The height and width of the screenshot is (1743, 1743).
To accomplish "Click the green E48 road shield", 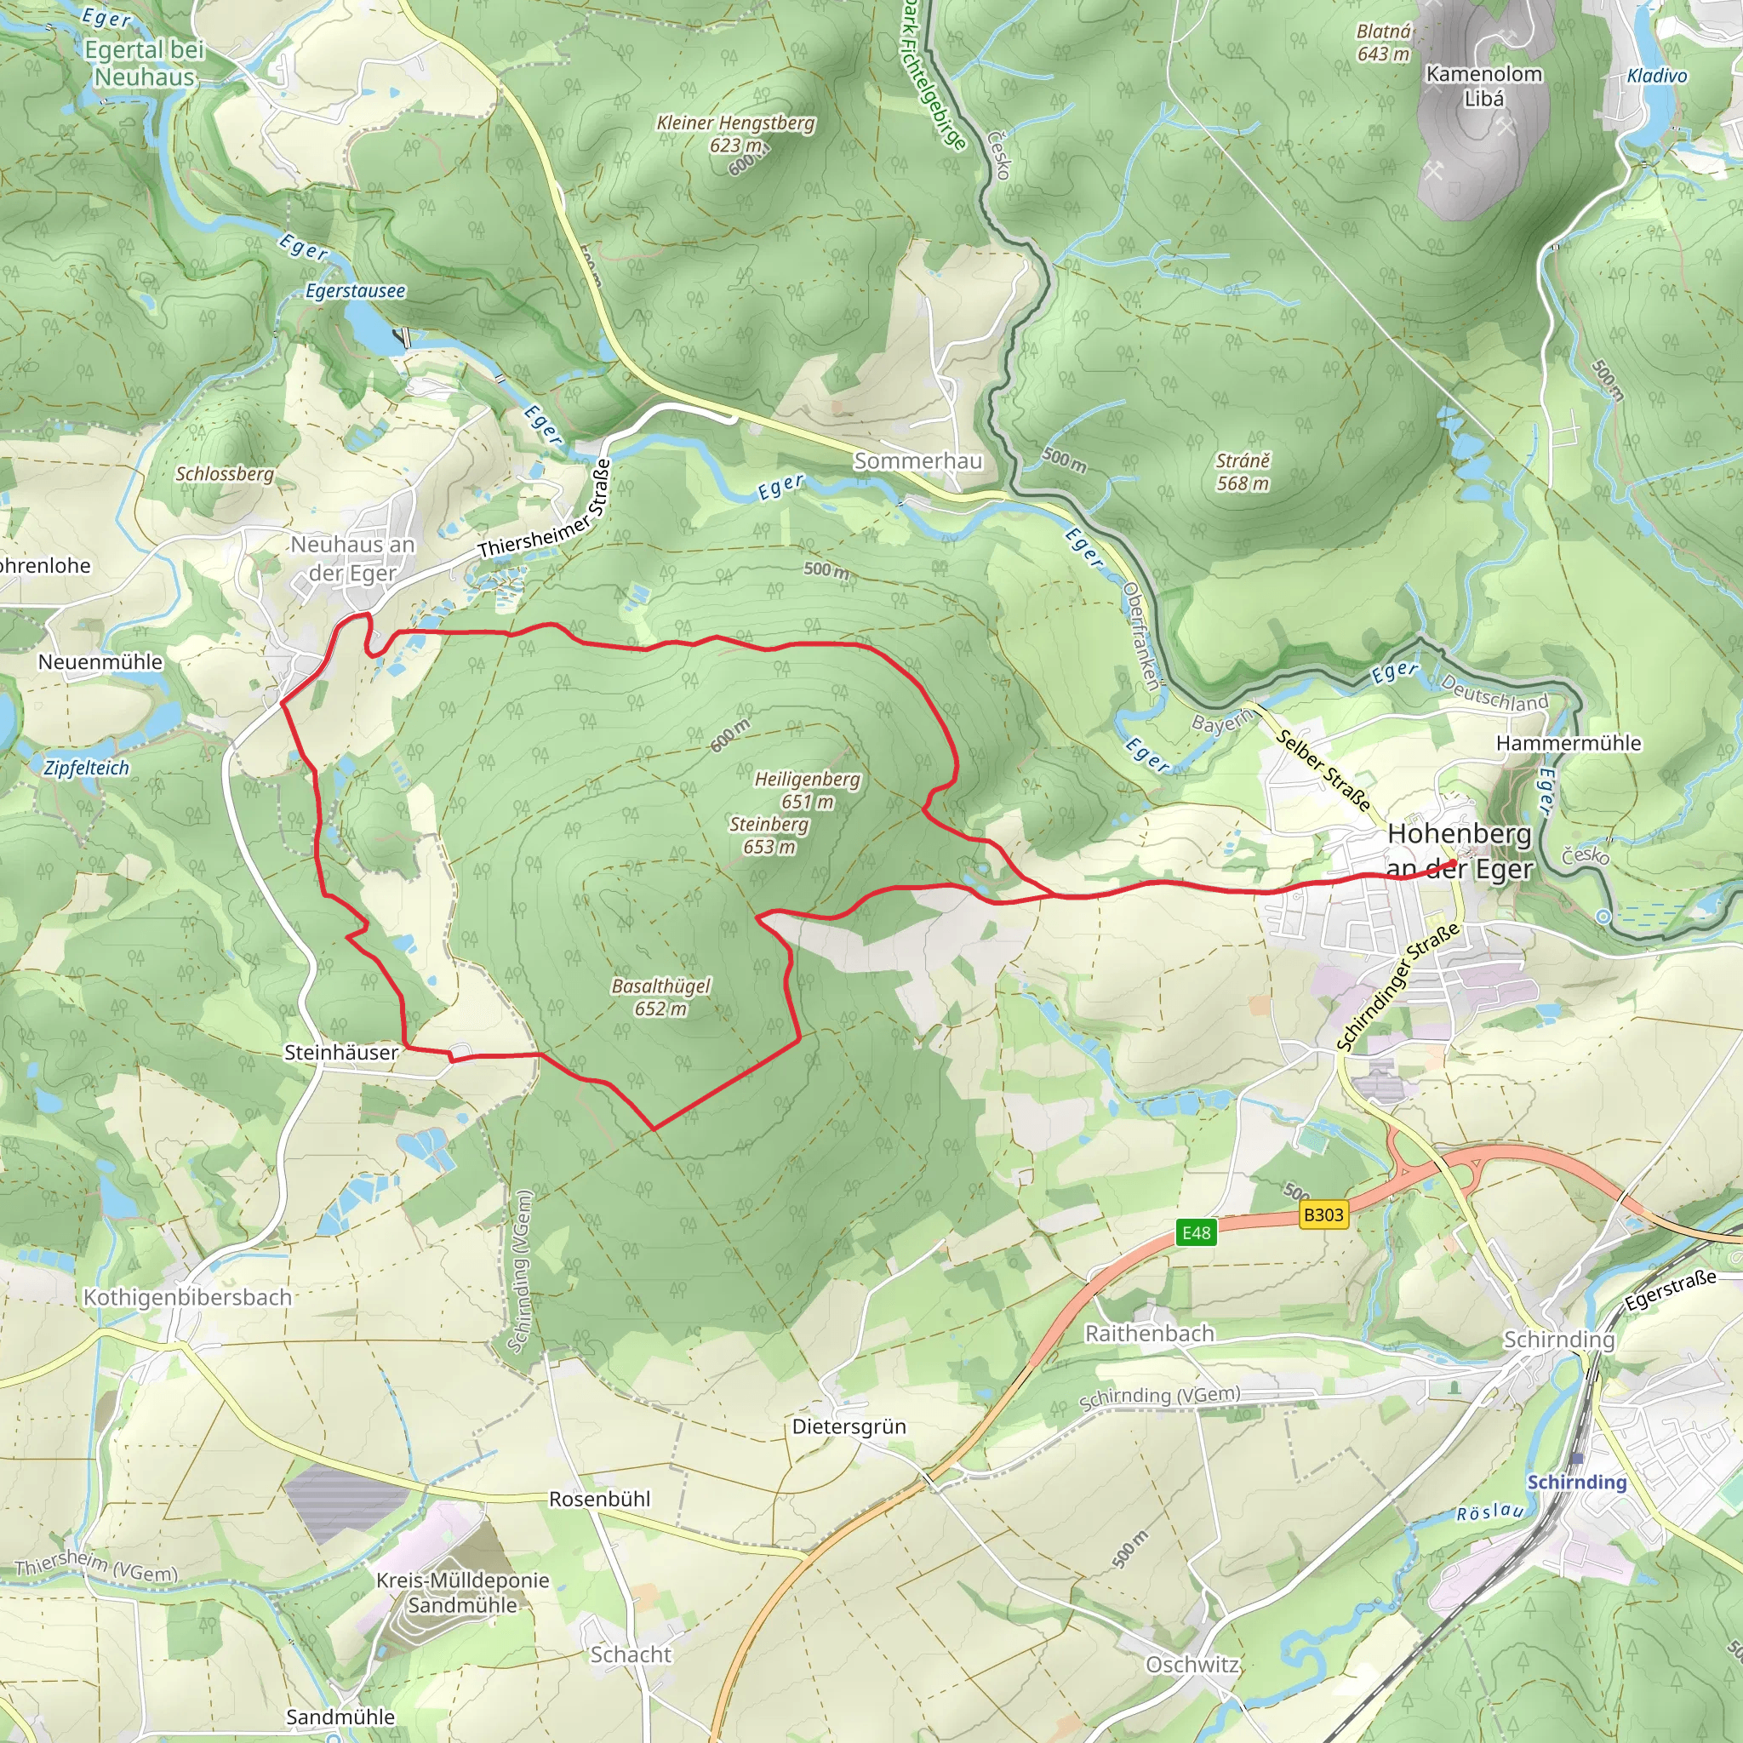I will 1197,1232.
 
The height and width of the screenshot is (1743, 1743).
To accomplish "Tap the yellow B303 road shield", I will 1323,1214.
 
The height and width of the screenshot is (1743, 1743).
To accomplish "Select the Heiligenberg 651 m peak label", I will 807,790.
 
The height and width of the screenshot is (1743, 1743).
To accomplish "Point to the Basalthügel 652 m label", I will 660,997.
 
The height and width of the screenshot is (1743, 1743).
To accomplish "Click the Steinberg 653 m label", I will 769,835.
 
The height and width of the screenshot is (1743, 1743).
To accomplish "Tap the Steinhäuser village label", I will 341,1052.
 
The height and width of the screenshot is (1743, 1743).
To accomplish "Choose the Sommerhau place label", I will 917,461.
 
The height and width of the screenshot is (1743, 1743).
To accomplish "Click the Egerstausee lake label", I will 356,291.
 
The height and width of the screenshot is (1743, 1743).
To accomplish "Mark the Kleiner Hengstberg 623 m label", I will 735,134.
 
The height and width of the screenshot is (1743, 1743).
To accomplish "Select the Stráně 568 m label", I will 1243,471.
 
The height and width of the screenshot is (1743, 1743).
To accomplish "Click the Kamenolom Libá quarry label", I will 1483,86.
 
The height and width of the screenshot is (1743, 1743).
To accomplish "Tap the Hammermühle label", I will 1568,742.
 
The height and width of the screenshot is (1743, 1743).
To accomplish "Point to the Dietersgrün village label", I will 848,1426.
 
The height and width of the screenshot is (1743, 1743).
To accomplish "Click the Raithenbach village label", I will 1148,1333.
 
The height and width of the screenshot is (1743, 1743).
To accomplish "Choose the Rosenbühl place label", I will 599,1499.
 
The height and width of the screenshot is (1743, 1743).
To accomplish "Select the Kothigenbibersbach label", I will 187,1297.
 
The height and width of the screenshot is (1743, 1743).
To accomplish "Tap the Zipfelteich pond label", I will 87,768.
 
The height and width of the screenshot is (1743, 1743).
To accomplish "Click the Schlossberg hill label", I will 225,474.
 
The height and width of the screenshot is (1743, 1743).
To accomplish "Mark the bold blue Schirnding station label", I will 1576,1482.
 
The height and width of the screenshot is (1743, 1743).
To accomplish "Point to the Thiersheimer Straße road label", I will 545,511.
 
